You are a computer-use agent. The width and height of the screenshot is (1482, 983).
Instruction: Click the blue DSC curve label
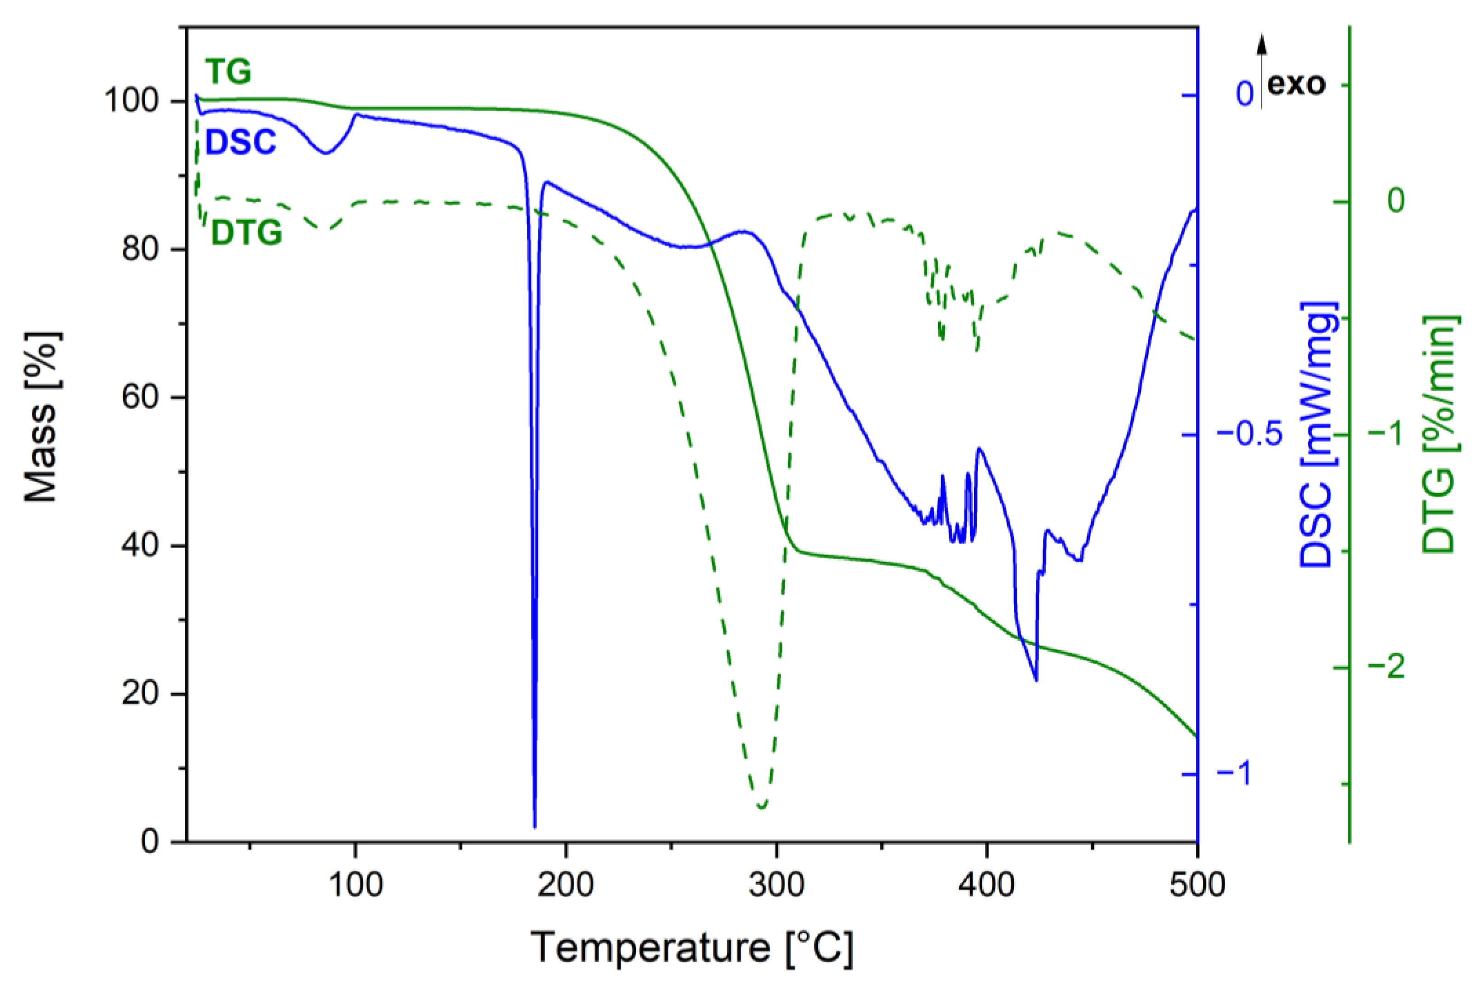tap(241, 142)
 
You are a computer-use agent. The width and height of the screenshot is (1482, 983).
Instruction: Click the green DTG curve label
tap(246, 233)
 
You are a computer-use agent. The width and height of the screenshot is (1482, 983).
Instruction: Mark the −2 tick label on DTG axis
tap(1386, 667)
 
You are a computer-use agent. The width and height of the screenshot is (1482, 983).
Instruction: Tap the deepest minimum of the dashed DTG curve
tap(762, 807)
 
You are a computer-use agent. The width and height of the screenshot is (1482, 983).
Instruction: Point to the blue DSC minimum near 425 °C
tap(1036, 680)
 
